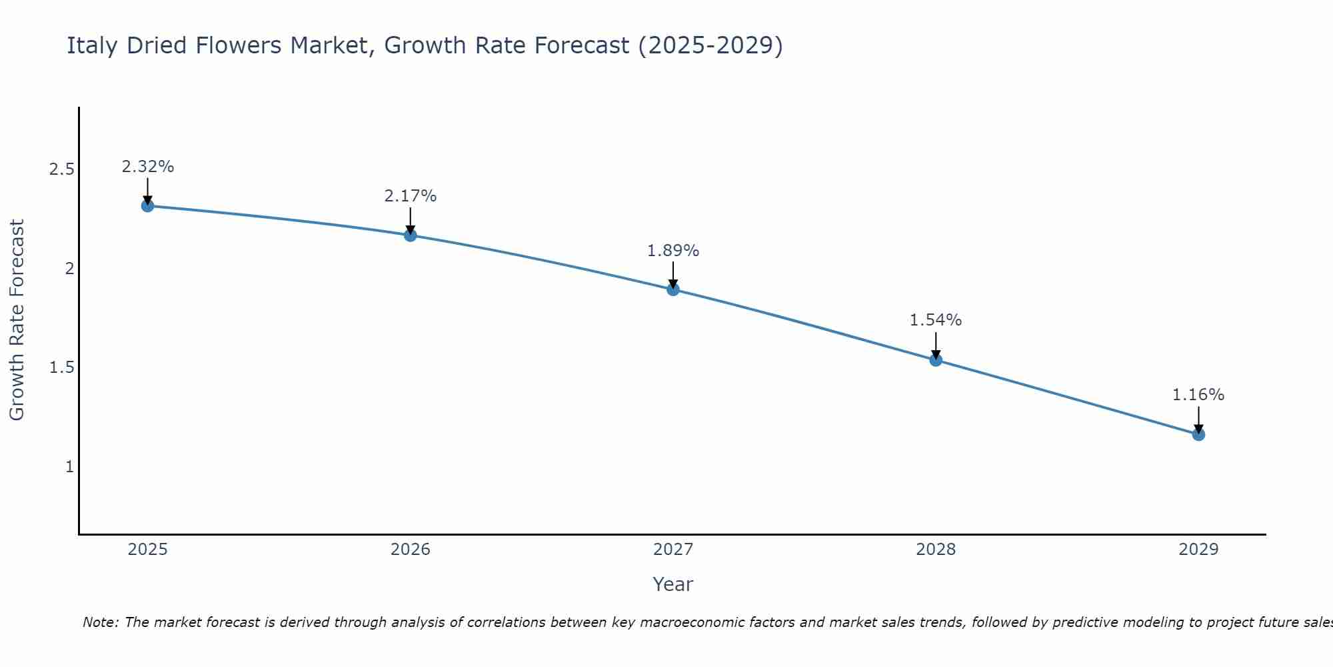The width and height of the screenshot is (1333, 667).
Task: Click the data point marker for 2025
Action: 147,205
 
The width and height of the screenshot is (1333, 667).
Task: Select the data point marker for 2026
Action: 410,235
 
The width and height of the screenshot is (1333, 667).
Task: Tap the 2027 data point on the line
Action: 673,289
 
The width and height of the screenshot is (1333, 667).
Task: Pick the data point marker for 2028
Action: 936,360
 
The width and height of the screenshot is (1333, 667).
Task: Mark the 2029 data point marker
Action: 1198,434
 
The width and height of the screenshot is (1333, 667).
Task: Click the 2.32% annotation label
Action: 147,167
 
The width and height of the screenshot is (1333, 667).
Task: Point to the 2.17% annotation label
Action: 410,196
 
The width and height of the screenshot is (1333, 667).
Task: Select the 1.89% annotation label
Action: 673,251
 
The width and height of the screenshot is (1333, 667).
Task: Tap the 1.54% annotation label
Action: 936,320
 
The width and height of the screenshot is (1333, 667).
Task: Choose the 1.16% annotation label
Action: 1198,395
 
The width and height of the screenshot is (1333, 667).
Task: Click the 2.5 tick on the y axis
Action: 61,169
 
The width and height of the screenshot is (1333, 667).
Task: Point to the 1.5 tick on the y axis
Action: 61,368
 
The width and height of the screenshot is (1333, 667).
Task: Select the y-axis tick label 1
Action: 69,467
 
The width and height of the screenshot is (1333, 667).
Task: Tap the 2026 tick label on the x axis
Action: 410,550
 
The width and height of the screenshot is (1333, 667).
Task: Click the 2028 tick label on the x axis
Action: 936,550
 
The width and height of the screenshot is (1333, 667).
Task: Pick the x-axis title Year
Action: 673,584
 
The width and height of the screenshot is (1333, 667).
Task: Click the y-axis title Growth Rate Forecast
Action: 17,320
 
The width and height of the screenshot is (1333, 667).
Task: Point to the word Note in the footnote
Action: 100,622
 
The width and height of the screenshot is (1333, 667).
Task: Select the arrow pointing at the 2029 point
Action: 1198,419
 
